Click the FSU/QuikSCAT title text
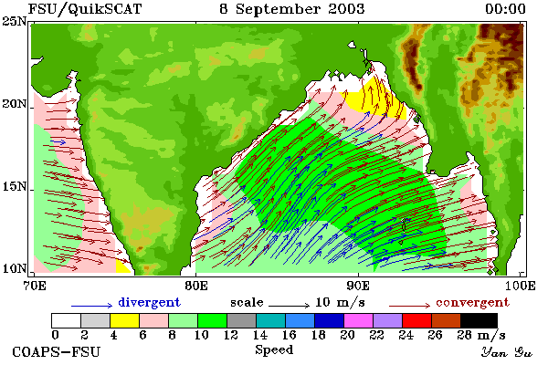[85, 9]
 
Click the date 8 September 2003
[292, 9]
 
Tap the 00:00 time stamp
[505, 9]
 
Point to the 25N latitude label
[15, 22]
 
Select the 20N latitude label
[15, 104]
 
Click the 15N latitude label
[15, 186]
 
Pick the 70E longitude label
[35, 286]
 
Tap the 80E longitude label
[196, 286]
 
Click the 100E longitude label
[520, 286]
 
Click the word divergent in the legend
[149, 302]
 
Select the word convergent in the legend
[472, 302]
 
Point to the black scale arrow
[289, 306]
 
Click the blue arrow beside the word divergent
[92, 306]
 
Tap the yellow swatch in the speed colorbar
[124, 320]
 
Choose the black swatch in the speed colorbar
[479, 320]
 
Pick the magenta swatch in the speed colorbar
[358, 320]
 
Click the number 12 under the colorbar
[231, 335]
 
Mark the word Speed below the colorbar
[274, 350]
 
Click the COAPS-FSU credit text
[57, 351]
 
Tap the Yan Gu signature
[506, 352]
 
